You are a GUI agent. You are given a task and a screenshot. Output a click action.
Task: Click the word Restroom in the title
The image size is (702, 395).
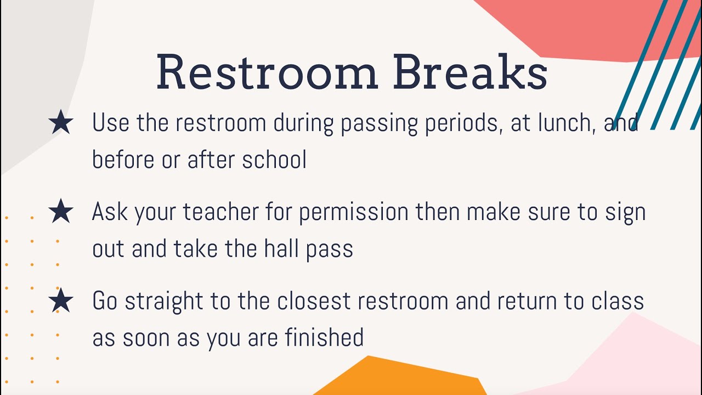pos(267,72)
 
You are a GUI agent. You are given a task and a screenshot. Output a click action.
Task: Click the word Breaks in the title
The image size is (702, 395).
pos(470,72)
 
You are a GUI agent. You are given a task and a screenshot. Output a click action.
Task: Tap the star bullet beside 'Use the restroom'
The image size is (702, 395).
pos(61,122)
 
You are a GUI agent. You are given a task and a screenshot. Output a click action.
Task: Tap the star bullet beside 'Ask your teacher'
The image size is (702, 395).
pos(61,211)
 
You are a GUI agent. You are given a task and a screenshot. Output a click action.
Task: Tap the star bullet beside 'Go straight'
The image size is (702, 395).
pos(61,301)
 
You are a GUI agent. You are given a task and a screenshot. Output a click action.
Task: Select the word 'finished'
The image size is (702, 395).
pos(324,337)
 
